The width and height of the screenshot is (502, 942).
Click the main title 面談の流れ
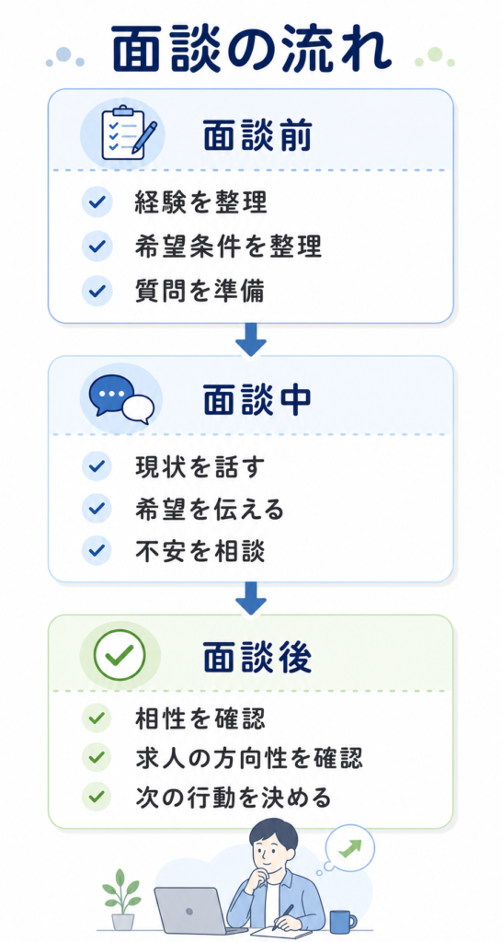[x=251, y=49]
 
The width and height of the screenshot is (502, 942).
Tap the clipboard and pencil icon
[x=129, y=132]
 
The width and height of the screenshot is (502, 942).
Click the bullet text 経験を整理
[x=200, y=203]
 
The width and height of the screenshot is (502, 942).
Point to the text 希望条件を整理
[x=228, y=247]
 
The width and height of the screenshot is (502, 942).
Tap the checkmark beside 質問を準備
[x=97, y=290]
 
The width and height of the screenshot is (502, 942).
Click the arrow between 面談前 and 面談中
[x=250, y=339]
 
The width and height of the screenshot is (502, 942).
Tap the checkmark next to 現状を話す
[x=97, y=466]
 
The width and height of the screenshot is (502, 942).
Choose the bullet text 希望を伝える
[x=209, y=510]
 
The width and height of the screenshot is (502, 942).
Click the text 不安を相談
[x=200, y=552]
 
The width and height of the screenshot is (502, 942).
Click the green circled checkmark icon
[x=120, y=654]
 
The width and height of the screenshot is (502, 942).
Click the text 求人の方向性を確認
[x=248, y=760]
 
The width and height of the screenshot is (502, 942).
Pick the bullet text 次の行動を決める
[x=233, y=798]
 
